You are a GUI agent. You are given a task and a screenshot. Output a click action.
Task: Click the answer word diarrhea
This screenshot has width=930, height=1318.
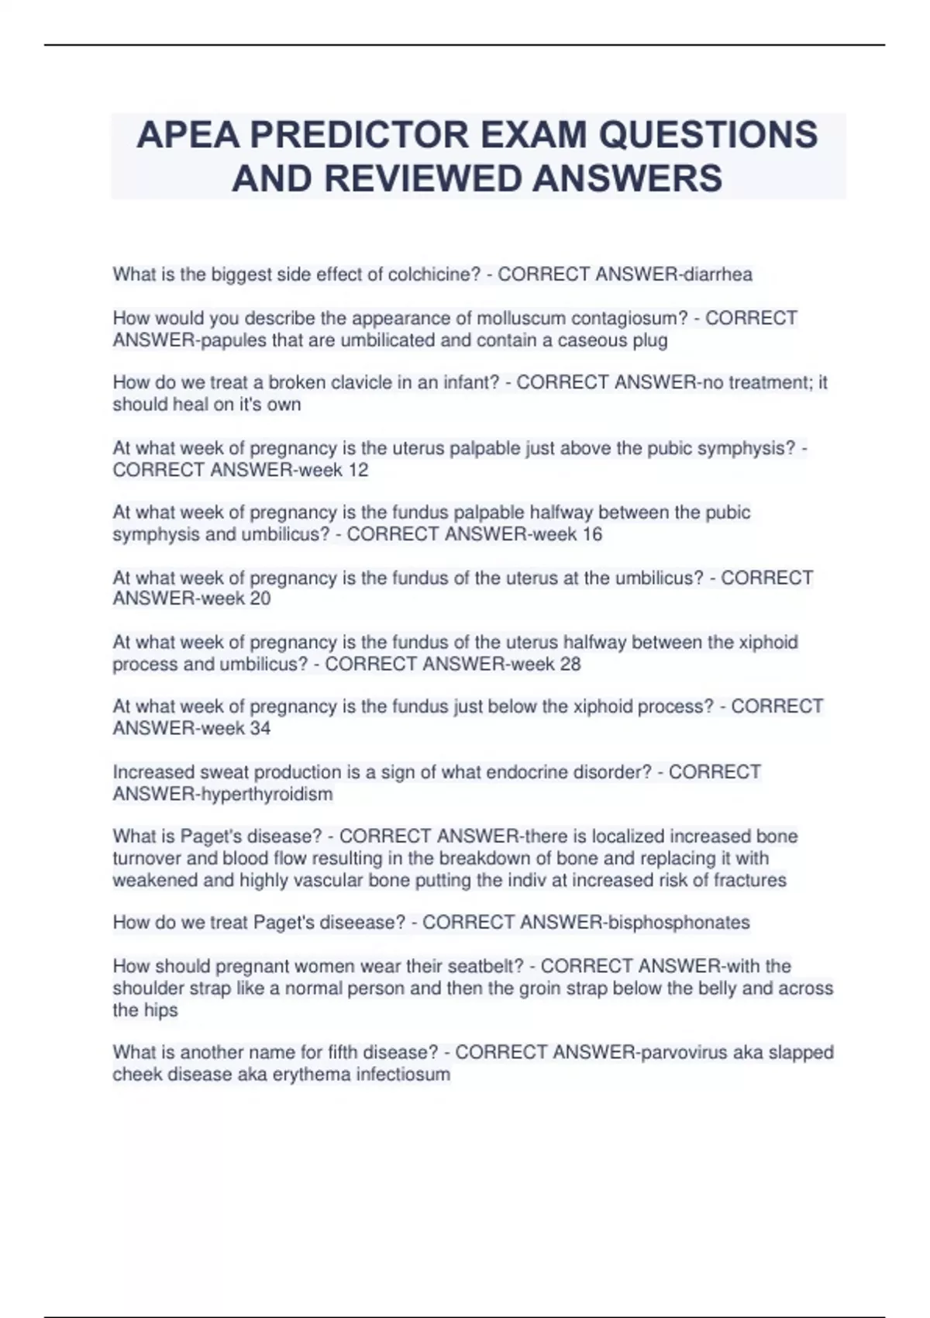click(717, 274)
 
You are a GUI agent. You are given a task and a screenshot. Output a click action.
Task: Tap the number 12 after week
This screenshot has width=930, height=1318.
click(358, 470)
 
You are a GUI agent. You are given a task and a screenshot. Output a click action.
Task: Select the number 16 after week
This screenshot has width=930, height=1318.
click(592, 534)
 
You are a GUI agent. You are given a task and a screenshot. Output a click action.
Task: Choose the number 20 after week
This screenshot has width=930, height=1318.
click(260, 599)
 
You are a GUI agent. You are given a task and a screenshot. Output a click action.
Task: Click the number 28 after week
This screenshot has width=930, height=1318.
click(570, 664)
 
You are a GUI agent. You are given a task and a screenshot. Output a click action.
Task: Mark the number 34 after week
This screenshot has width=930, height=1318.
click(260, 728)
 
